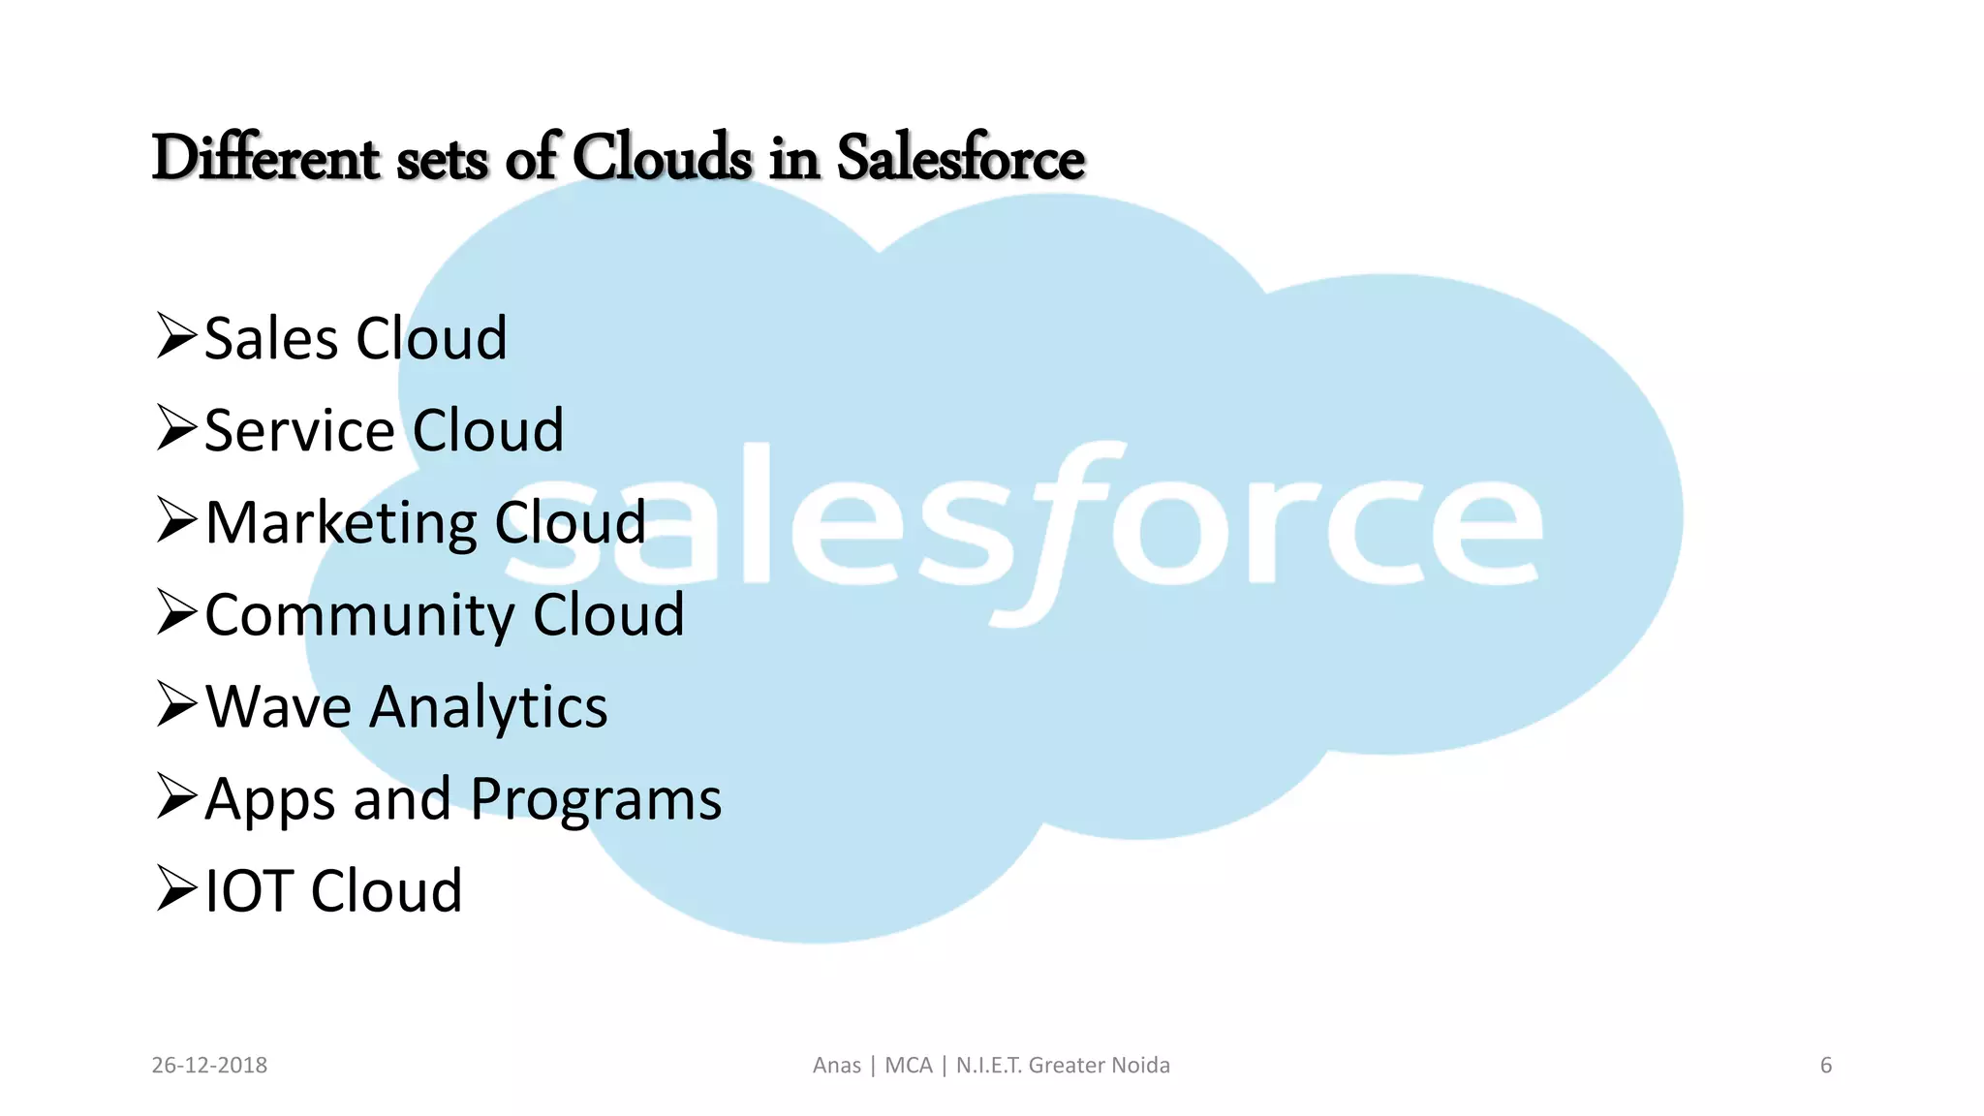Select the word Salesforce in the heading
click(960, 158)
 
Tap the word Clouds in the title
click(662, 158)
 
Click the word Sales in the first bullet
click(271, 339)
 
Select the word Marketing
click(340, 524)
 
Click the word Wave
click(278, 707)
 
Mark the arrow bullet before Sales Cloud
click(176, 336)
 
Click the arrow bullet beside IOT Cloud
click(176, 888)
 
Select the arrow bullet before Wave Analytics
click(176, 704)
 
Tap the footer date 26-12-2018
click(209, 1066)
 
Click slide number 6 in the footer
click(1826, 1066)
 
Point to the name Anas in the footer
click(837, 1066)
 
